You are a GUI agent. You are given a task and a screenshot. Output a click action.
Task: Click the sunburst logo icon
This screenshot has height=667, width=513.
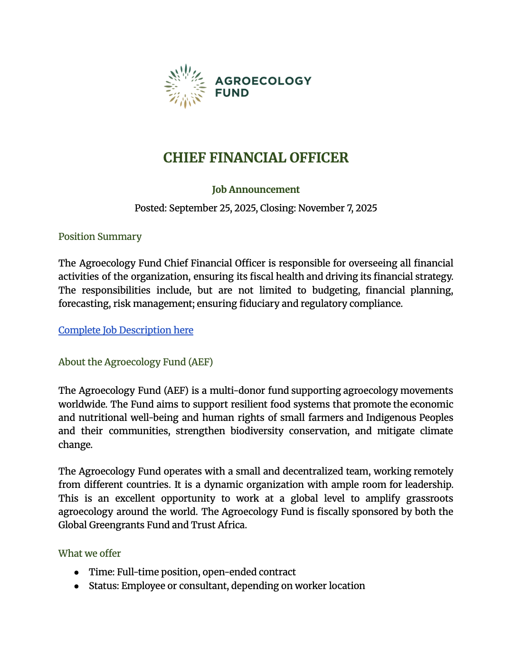[x=185, y=86]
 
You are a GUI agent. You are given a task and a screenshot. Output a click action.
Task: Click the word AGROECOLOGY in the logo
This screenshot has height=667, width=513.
[x=263, y=81]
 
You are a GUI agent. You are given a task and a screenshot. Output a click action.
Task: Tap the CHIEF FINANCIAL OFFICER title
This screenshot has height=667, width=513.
[x=256, y=158]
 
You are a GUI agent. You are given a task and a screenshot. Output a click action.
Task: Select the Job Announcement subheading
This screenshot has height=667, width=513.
[x=256, y=190]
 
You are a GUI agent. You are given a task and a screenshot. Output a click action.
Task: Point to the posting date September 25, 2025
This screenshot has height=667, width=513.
[x=213, y=208]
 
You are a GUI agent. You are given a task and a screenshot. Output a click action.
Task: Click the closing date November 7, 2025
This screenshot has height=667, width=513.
[x=337, y=208]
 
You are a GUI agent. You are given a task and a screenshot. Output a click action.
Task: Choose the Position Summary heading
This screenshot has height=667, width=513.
[x=100, y=237]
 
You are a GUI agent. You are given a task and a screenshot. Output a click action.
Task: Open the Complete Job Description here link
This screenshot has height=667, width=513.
[x=126, y=330]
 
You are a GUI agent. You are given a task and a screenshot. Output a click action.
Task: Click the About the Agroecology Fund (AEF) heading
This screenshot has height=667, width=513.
[x=135, y=362]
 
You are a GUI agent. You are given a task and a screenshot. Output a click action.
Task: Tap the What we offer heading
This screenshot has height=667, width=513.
[x=89, y=553]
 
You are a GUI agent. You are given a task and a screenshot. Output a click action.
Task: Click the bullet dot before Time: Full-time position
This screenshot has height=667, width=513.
[x=76, y=572]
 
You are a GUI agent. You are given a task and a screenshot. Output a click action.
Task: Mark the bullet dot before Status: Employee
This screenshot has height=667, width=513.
[x=76, y=586]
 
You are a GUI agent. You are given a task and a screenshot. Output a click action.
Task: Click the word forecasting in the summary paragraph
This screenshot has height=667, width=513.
[x=84, y=304]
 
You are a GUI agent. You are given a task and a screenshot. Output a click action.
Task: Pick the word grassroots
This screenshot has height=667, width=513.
[x=429, y=498]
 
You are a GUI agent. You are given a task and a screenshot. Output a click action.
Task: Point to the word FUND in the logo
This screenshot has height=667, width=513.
[x=232, y=93]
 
